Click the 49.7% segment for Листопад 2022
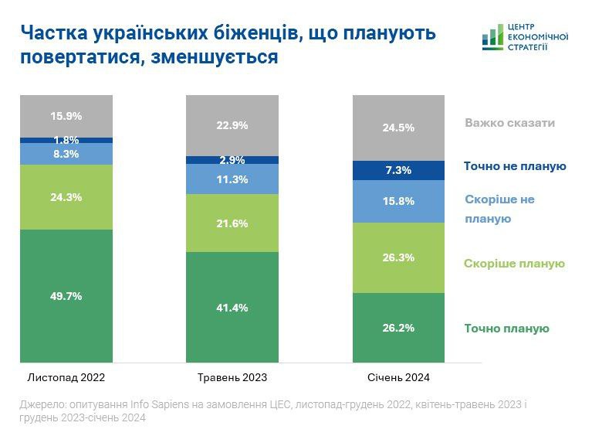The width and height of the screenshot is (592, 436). coord(66,296)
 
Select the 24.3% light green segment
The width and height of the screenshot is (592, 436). coord(66,197)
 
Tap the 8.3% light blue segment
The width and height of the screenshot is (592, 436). coord(66,154)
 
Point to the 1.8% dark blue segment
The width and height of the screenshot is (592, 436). coord(66,140)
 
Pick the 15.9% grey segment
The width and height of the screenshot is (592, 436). coord(66,116)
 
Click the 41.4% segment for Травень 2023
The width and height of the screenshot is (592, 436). coord(232,307)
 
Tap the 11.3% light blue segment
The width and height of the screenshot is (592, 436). coord(232,179)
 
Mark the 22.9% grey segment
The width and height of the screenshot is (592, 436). coord(232,126)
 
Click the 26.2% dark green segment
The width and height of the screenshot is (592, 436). coord(398,327)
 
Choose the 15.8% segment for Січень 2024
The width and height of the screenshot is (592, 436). coord(398,201)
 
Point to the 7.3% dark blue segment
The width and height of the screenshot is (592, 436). coord(398,170)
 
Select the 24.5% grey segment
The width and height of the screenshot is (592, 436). coord(398,128)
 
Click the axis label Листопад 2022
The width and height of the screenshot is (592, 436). coord(66,378)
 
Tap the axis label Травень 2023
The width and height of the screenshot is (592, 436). coord(232,378)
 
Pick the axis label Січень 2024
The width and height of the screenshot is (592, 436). coord(398,378)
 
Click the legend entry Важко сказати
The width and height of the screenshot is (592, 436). coord(509,123)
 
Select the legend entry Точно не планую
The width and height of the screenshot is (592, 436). coord(515,166)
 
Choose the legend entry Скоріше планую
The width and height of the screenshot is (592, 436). coord(514,264)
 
